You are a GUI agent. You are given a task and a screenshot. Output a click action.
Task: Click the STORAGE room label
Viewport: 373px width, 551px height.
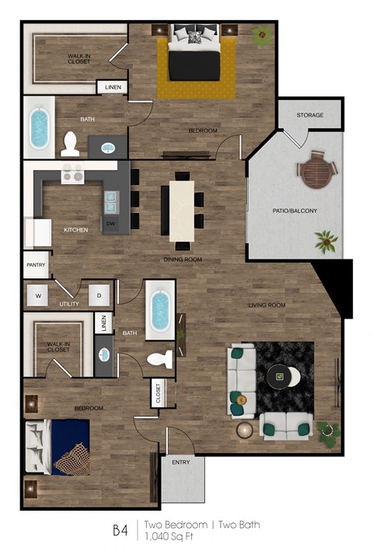(x=309, y=116)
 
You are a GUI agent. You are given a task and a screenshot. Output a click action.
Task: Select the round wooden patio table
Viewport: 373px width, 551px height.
(x=315, y=170)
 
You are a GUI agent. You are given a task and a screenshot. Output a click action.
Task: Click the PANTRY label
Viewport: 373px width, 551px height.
(x=37, y=265)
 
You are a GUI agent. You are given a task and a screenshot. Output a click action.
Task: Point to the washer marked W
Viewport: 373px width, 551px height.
(x=37, y=295)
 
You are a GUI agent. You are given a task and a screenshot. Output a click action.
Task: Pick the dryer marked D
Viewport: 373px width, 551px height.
(x=99, y=295)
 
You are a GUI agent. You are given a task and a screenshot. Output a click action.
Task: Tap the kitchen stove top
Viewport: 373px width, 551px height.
(x=72, y=176)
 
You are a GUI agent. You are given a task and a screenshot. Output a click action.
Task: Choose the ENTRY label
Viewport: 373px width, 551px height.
(x=181, y=462)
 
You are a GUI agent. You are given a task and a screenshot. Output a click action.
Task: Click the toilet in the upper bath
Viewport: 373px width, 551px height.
(x=70, y=143)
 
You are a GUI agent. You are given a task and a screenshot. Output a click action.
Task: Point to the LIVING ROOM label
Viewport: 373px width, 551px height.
(x=267, y=305)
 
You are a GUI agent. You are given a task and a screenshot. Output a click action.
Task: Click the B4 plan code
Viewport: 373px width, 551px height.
(x=119, y=530)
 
